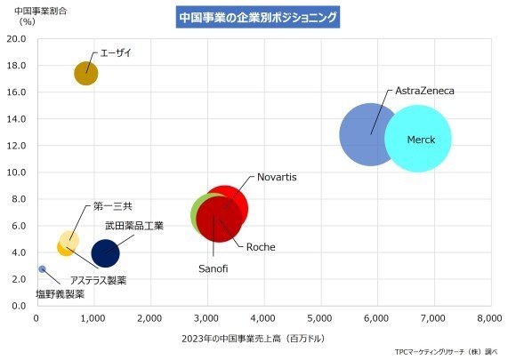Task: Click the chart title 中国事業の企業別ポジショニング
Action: click(258, 17)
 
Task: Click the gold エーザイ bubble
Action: click(85, 73)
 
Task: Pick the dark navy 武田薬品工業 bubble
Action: click(105, 252)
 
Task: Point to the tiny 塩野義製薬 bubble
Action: click(42, 268)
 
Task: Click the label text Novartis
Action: click(277, 177)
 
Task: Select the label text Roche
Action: click(260, 246)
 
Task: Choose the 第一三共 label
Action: click(113, 206)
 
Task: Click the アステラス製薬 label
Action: click(98, 281)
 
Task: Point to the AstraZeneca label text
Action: click(424, 92)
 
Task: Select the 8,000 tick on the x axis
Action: click(489, 316)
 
